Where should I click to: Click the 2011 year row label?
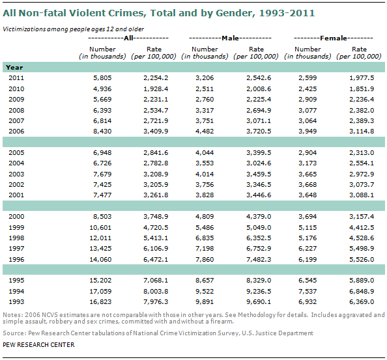[x=16, y=77]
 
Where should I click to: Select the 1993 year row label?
[x=16, y=301]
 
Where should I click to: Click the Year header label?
[x=14, y=66]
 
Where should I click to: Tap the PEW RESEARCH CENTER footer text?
[x=37, y=344]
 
